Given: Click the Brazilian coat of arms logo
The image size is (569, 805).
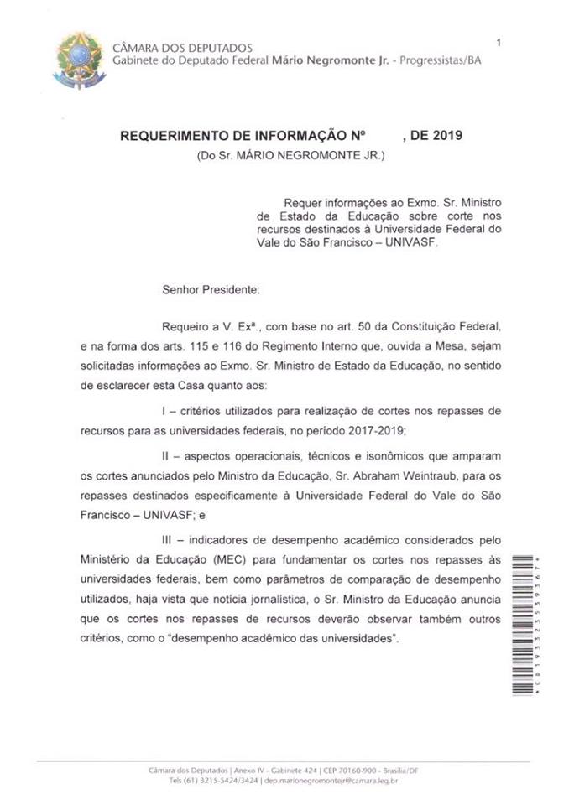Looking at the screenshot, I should coord(81,60).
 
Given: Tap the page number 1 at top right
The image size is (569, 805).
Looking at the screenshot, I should coord(499,43).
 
